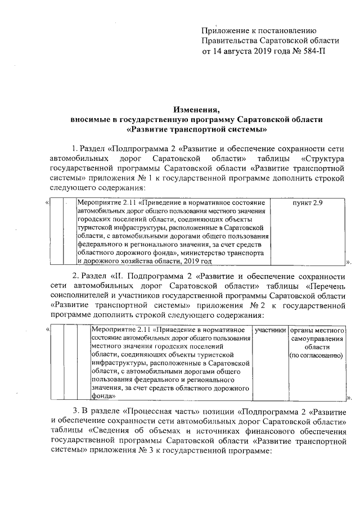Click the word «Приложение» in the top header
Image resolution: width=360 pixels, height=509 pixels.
223,31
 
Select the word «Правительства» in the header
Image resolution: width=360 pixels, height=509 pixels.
229,41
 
